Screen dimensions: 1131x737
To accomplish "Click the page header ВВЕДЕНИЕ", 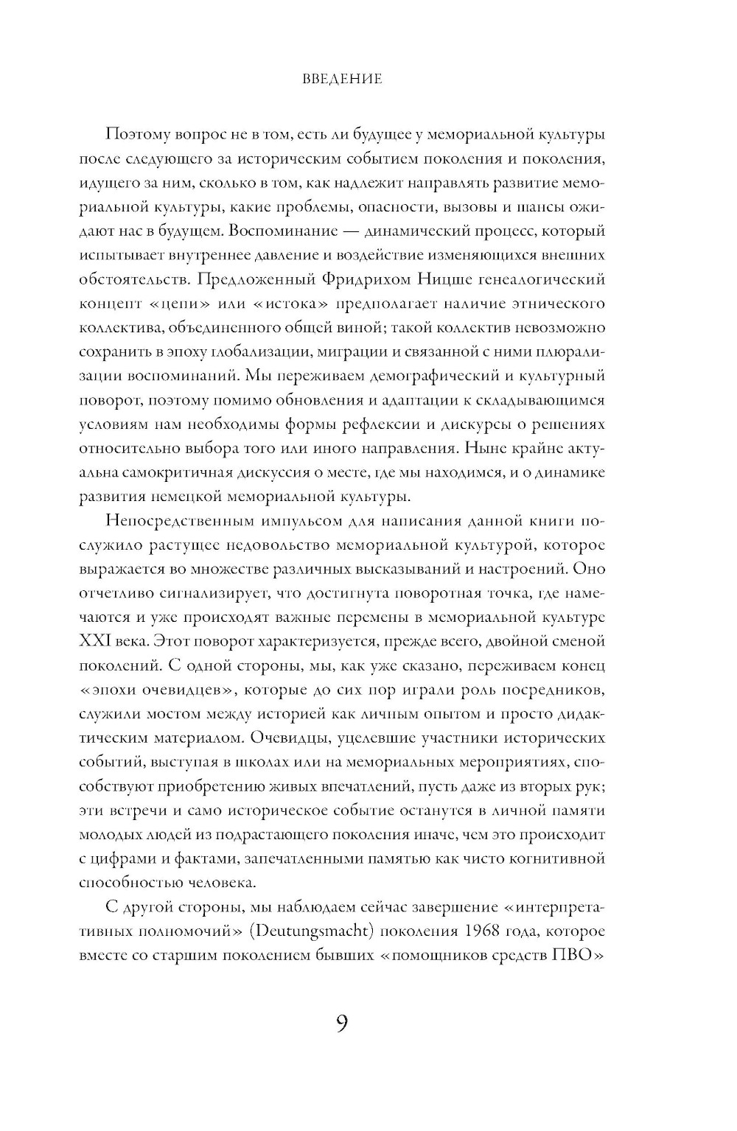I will coord(342,78).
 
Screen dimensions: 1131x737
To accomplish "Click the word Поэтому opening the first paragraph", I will coord(138,134).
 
